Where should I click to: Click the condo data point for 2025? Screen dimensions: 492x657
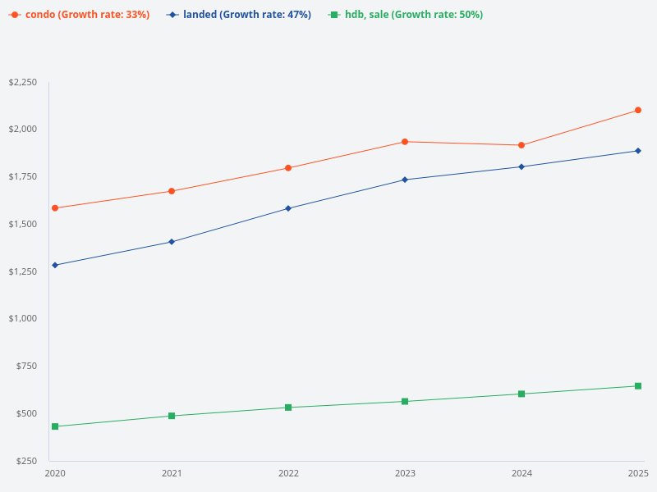(x=638, y=110)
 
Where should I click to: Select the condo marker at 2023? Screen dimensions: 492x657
(x=405, y=142)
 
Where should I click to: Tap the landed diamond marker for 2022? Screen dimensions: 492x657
(x=288, y=208)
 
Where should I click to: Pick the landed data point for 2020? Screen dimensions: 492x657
(x=55, y=265)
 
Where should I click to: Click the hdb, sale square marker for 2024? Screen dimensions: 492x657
(x=521, y=394)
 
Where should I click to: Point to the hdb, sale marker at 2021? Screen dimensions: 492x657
(x=172, y=416)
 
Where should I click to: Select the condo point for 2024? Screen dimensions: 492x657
(x=521, y=145)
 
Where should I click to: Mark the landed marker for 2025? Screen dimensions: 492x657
(x=638, y=151)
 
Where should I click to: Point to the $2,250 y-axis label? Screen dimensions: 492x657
(x=23, y=83)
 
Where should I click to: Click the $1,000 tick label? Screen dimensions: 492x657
(x=23, y=318)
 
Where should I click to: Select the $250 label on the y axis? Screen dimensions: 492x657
(x=27, y=461)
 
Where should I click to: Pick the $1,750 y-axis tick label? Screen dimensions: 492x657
(x=23, y=176)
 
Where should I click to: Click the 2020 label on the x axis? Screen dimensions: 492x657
(x=55, y=473)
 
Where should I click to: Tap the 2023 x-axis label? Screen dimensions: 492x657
(x=405, y=473)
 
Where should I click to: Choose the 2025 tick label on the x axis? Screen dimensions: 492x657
(x=638, y=473)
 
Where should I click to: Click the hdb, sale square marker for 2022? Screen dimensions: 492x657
(x=288, y=408)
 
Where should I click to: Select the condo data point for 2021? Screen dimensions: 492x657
(x=172, y=191)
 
